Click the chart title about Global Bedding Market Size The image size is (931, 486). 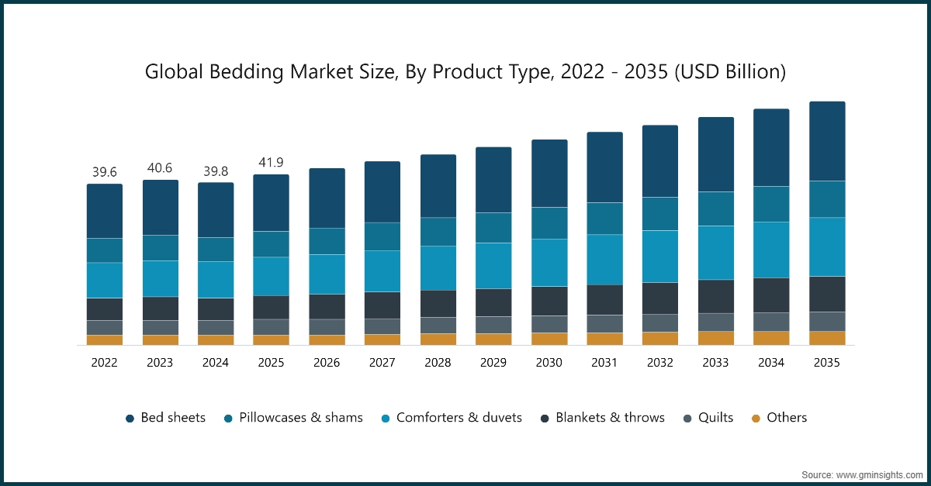click(x=465, y=72)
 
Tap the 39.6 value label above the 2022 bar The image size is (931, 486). click(x=104, y=171)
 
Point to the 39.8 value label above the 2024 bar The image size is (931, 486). click(x=216, y=170)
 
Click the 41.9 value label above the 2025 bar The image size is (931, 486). click(x=271, y=162)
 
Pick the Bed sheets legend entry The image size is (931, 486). click(x=165, y=418)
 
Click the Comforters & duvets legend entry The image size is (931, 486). click(x=451, y=418)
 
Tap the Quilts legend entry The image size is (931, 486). click(x=707, y=418)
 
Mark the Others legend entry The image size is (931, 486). click(x=779, y=418)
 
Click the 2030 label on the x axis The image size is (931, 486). click(x=549, y=362)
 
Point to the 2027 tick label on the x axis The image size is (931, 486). click(x=382, y=362)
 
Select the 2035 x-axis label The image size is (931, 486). click(x=827, y=362)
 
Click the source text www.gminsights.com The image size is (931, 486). click(x=861, y=474)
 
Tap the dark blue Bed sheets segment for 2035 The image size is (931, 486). click(x=827, y=141)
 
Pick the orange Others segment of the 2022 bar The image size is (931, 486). click(x=104, y=340)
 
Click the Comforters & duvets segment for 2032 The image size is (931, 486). click(x=660, y=257)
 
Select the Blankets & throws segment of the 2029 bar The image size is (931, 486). click(x=493, y=302)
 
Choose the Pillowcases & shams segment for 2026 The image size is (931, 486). click(x=327, y=241)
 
